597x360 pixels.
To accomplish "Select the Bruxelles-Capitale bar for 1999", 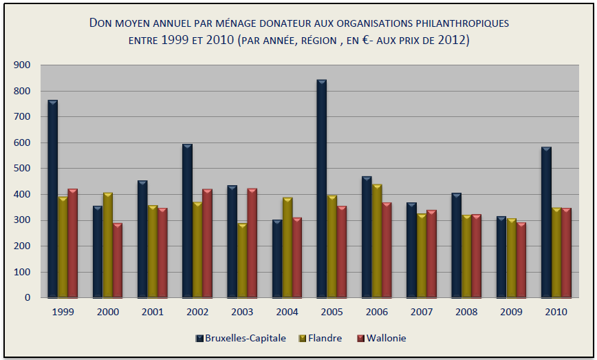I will [x=53, y=199].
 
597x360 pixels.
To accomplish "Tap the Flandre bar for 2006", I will [x=377, y=241].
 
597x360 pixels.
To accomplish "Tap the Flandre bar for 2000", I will [x=108, y=245].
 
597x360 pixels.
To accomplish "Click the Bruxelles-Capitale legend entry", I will [x=240, y=338].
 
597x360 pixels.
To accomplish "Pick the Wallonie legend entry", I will [x=380, y=338].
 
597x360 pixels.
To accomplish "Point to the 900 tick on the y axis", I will [x=22, y=65].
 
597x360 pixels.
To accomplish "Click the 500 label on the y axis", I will [x=22, y=169].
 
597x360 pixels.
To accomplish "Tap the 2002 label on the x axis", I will [x=197, y=312].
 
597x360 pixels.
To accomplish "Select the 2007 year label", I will [x=422, y=312].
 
